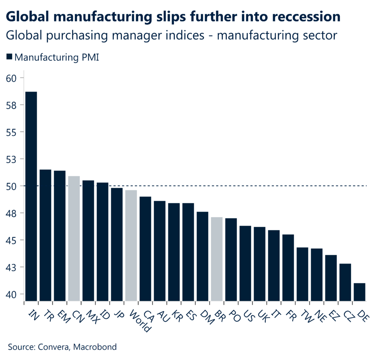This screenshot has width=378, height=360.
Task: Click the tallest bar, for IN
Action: pyautogui.click(x=31, y=196)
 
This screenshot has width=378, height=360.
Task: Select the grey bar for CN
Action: pyautogui.click(x=74, y=238)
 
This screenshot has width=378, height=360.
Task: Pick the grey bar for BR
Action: pyautogui.click(x=217, y=259)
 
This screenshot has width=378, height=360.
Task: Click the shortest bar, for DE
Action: pyautogui.click(x=359, y=292)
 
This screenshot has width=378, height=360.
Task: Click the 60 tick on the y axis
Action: pyautogui.click(x=15, y=78)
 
